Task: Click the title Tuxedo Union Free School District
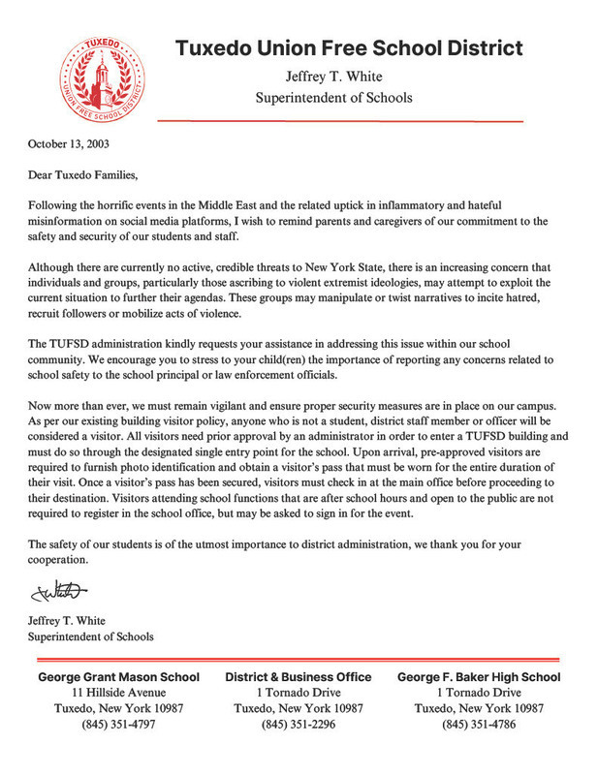pyautogui.click(x=349, y=47)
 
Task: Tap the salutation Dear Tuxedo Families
pyautogui.click(x=84, y=176)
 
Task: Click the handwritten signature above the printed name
pyautogui.click(x=58, y=590)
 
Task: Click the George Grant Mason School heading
pyautogui.click(x=119, y=677)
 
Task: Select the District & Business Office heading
pyautogui.click(x=299, y=677)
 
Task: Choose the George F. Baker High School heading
pyautogui.click(x=479, y=677)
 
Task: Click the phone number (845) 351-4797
pyautogui.click(x=119, y=725)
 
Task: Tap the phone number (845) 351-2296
pyautogui.click(x=299, y=725)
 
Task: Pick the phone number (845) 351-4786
pyautogui.click(x=479, y=725)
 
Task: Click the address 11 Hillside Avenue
pyautogui.click(x=119, y=693)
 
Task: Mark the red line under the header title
pyautogui.click(x=339, y=121)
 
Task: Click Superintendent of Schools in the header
pyautogui.click(x=333, y=97)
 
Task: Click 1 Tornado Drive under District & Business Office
pyautogui.click(x=299, y=693)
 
